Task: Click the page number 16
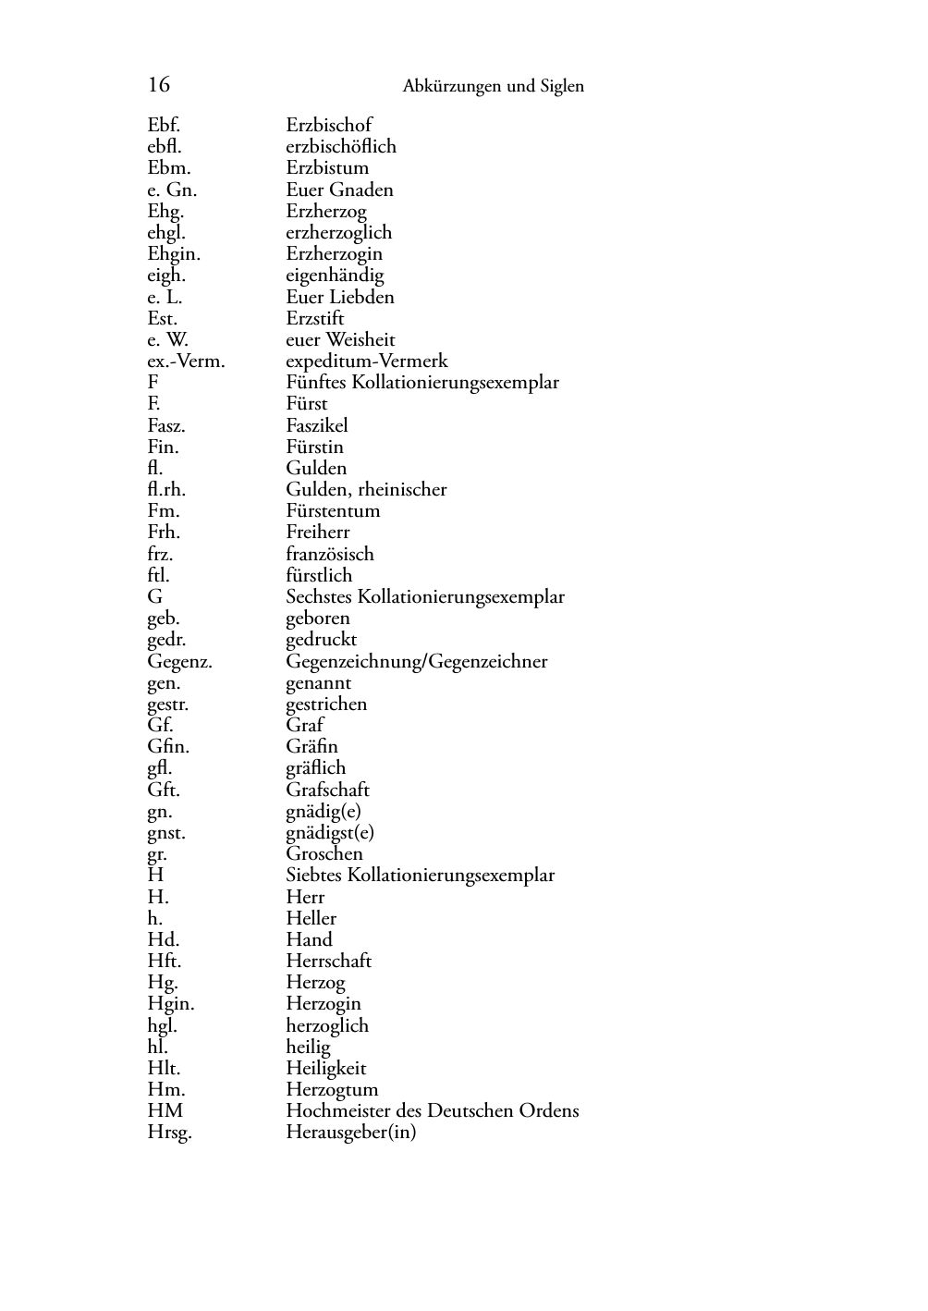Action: pos(158,85)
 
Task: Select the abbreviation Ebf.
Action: pos(164,125)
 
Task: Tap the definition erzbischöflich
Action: pos(340,146)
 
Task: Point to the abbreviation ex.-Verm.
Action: pos(186,361)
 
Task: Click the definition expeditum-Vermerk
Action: pos(366,361)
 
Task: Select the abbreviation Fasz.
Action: pos(166,426)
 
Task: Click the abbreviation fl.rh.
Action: pos(166,490)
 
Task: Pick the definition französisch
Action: pos(330,555)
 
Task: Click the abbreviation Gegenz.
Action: pos(179,662)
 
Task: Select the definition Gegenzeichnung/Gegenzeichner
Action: pos(416,662)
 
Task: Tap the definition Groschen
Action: pos(324,854)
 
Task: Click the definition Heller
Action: pos(311,919)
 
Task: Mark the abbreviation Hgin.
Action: pos(170,1004)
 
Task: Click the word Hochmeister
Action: pos(339,1111)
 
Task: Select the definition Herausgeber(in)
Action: pos(350,1133)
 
